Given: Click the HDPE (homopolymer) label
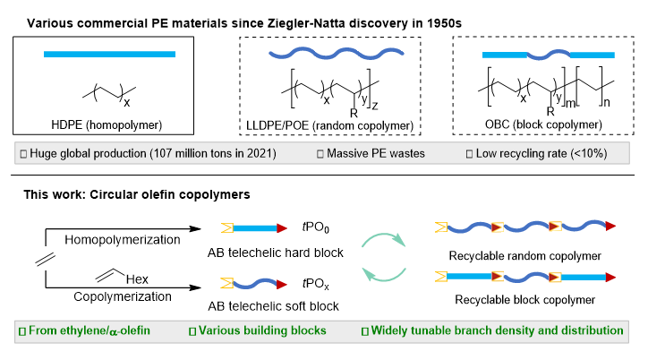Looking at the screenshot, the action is (x=107, y=124).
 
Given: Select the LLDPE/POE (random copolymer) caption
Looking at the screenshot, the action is (x=329, y=125).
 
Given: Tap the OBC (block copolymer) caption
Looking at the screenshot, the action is (x=543, y=124).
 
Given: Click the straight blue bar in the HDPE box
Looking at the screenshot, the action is (x=109, y=54).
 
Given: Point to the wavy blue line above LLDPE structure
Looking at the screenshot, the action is (x=337, y=54).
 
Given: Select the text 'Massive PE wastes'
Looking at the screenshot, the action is (x=376, y=153).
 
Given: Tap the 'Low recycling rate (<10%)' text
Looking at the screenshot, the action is (x=541, y=153).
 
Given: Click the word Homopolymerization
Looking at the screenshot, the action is (x=123, y=240).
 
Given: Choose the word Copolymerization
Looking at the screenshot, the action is (x=123, y=296).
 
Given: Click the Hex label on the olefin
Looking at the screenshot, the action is (x=137, y=279).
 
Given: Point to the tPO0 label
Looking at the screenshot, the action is (x=316, y=227).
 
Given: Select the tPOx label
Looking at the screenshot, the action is (x=316, y=284).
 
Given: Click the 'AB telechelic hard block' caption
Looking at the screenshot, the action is (x=276, y=253).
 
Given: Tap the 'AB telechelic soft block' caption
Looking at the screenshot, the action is (x=273, y=306).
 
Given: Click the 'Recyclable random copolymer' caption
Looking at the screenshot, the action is (x=524, y=256).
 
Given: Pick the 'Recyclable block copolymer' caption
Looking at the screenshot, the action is (x=524, y=299).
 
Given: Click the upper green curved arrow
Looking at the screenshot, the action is (x=384, y=236).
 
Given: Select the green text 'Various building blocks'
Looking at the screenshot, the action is (x=262, y=330).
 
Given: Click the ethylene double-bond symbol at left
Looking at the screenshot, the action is (x=46, y=259).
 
